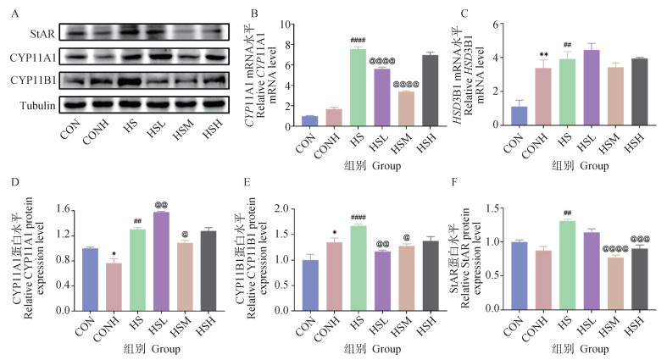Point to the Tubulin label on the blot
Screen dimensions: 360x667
coord(39,106)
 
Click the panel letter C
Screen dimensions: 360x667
coord(486,12)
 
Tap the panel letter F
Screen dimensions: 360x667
coord(486,185)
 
